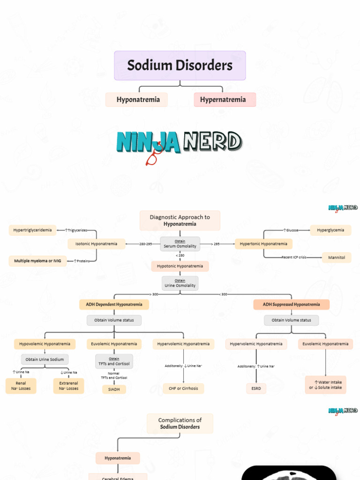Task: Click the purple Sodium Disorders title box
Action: coord(180,66)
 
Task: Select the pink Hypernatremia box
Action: coord(225,99)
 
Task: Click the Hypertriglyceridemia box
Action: coord(33,230)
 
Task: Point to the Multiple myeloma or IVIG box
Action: coord(37,261)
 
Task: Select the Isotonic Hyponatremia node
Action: coord(97,244)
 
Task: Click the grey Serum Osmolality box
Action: coord(180,244)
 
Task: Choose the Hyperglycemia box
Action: coord(330,230)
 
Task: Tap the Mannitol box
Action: coord(337,257)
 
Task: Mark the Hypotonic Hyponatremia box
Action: coord(180,266)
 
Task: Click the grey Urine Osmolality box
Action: coord(180,283)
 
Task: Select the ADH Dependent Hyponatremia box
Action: coord(114,304)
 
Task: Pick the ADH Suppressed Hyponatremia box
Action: coord(291,304)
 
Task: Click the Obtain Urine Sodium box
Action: coord(45,359)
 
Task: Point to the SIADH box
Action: coord(114,389)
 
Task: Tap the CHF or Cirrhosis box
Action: coord(183,388)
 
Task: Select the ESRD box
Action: coord(256,388)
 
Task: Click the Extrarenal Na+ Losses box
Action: coord(68,386)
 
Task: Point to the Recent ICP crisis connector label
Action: coord(294,257)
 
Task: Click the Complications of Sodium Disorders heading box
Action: coord(180,423)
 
